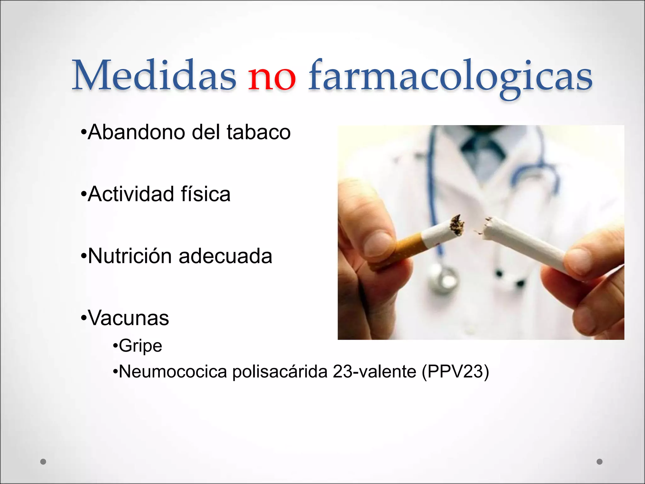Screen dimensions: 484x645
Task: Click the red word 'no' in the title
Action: [272, 77]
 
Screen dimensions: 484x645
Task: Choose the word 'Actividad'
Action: [131, 194]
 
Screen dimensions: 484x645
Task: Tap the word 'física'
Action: [206, 194]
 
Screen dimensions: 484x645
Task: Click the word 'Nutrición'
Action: [129, 256]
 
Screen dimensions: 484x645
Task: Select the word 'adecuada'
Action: [225, 256]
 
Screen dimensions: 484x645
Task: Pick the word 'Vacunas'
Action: [128, 318]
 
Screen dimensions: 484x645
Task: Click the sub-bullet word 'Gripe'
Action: [140, 346]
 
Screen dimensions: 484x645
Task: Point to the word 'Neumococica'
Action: [173, 372]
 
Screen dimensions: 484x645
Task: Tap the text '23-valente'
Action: [374, 372]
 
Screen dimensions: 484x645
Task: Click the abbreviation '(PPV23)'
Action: [455, 372]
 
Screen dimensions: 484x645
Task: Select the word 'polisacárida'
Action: [280, 372]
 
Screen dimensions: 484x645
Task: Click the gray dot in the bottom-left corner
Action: [43, 462]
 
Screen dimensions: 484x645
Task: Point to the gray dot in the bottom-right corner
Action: [600, 462]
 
